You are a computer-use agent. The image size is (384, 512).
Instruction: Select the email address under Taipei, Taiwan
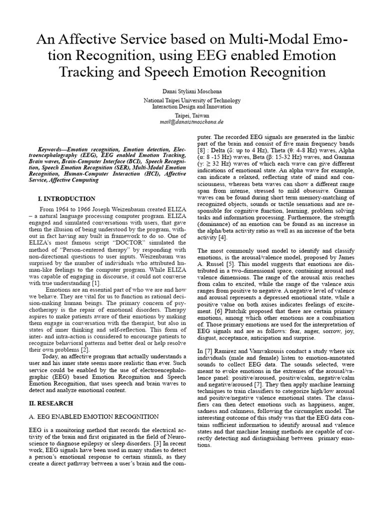[192, 121]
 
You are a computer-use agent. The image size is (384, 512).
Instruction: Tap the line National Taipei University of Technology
[192, 100]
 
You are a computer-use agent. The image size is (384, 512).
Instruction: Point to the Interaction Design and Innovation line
[192, 106]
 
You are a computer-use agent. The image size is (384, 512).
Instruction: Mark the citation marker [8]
[201, 149]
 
